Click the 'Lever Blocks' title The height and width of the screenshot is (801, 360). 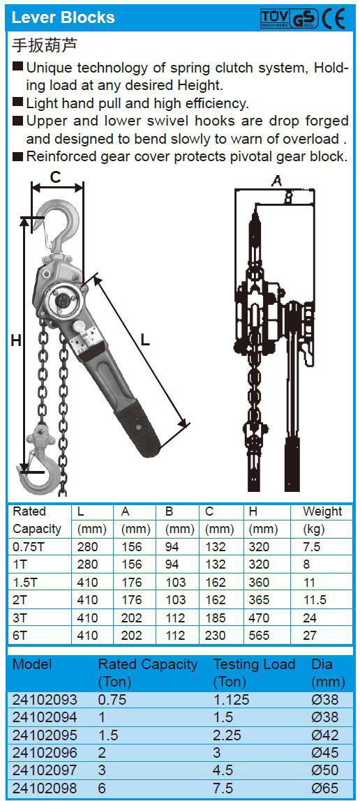[63, 17]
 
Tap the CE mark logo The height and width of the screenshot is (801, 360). [333, 19]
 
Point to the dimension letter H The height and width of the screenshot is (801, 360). [16, 340]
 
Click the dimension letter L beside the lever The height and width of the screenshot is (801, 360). [146, 340]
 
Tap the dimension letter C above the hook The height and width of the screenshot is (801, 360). [56, 177]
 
